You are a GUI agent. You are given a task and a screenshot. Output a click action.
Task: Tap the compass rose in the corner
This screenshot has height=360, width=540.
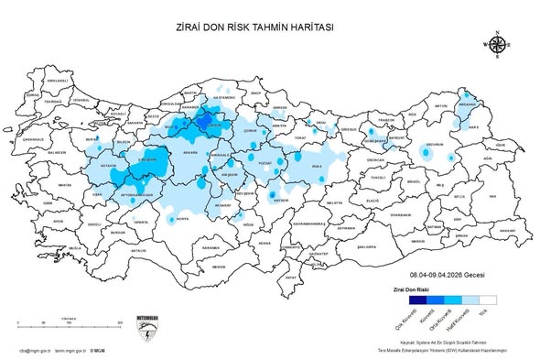click(x=498, y=44)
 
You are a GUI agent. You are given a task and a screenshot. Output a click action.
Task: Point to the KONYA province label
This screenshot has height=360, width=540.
click(x=183, y=219)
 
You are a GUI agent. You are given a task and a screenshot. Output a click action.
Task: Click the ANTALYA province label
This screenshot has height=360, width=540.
click(x=138, y=249)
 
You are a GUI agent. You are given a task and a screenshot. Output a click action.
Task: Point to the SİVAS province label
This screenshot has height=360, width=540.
click(x=318, y=166)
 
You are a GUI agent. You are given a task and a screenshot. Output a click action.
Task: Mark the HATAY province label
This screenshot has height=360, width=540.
click(x=291, y=276)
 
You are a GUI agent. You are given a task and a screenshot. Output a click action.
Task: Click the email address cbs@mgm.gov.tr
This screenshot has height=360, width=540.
click(x=34, y=349)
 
